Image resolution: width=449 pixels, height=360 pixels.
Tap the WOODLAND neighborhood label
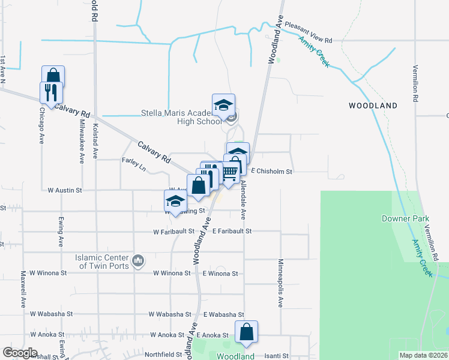pyautogui.click(x=373, y=106)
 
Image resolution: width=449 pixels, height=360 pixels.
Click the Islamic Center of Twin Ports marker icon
pyautogui.click(x=139, y=260)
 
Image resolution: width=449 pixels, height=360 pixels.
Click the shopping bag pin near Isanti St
pyautogui.click(x=246, y=331)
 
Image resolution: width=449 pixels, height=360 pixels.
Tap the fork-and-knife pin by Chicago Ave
pyautogui.click(x=50, y=92)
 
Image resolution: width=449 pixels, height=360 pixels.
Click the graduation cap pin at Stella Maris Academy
pyautogui.click(x=223, y=105)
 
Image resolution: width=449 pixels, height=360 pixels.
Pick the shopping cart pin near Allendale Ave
pyautogui.click(x=229, y=172)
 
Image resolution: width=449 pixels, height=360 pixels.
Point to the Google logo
pyautogui.click(x=20, y=353)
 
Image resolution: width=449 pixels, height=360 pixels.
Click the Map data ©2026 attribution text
pyautogui.click(x=423, y=355)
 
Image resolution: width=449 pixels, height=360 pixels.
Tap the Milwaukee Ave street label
pyautogui.click(x=82, y=140)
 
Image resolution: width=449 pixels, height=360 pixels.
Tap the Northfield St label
pyautogui.click(x=163, y=354)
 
